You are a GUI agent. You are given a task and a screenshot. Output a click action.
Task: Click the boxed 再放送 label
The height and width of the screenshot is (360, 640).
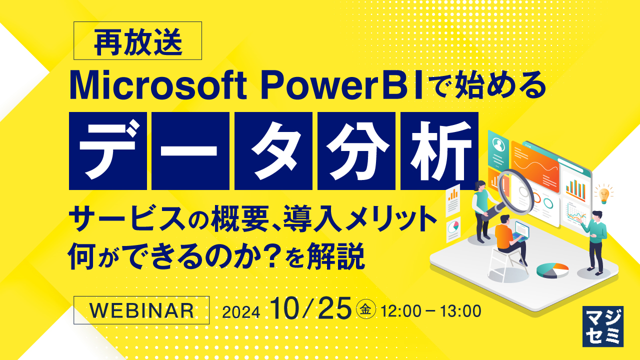tap(137, 40)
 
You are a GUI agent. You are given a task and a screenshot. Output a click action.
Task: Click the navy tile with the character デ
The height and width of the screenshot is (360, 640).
tap(108, 150)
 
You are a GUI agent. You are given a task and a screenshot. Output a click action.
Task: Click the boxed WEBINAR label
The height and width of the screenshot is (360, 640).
tap(141, 310)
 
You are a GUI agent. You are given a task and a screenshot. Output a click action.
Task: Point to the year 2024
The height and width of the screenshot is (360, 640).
tap(241, 312)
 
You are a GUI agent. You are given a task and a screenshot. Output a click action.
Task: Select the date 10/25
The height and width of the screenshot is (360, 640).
tap(310, 309)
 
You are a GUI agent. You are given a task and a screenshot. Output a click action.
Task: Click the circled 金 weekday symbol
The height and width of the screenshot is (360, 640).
tap(365, 310)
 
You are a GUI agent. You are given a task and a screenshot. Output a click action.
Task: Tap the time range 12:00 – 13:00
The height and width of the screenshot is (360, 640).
tap(430, 311)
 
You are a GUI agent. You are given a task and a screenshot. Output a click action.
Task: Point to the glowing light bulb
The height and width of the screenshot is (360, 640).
tap(604, 193)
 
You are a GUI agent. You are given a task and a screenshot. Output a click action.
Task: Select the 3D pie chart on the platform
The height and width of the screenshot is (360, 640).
tap(552, 270)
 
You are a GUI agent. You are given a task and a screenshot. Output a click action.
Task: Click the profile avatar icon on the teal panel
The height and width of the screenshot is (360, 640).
tap(498, 144)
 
